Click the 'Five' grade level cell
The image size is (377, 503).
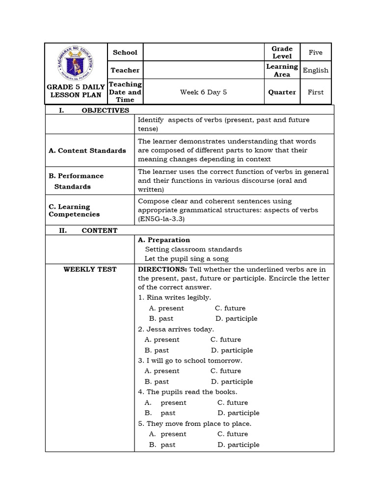tap(316, 52)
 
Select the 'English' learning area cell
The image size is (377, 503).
tap(316, 70)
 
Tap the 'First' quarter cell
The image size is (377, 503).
tap(316, 92)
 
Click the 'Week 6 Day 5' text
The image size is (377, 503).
tap(203, 92)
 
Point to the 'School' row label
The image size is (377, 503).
tap(125, 53)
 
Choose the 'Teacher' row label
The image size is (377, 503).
tap(125, 70)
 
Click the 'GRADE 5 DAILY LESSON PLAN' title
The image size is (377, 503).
tap(76, 91)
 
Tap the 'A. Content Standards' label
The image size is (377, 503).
tap(87, 150)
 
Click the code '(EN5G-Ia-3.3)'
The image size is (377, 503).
tap(161, 219)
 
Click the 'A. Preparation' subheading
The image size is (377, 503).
tap(164, 240)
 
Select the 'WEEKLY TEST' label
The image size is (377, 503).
tap(90, 269)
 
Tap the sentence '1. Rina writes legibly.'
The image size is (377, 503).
tap(175, 297)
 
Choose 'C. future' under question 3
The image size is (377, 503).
tap(226, 371)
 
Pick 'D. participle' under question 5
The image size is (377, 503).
tap(238, 445)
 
